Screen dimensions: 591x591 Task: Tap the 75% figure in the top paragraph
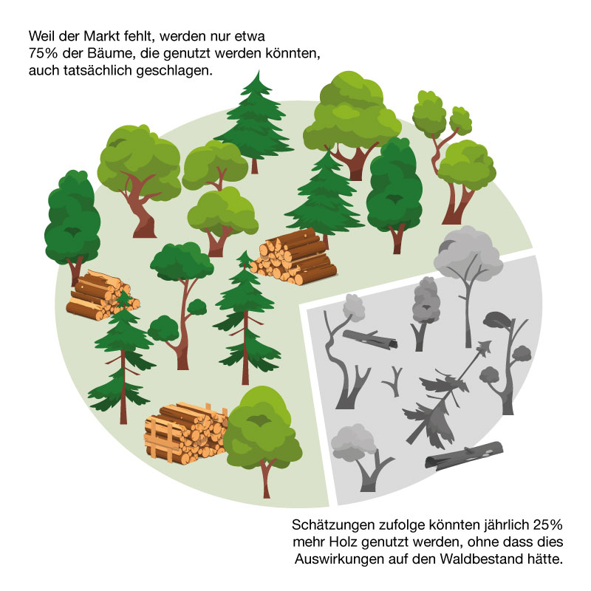(43, 53)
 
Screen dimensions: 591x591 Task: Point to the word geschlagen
(174, 71)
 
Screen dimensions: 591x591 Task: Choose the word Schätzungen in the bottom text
(333, 525)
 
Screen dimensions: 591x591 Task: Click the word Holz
(344, 542)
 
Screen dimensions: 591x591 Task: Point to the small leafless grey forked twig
(394, 381)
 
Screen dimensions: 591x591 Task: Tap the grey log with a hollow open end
(370, 338)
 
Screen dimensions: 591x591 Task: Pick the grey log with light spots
(465, 457)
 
